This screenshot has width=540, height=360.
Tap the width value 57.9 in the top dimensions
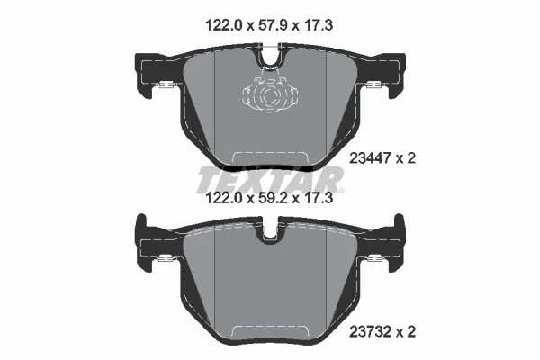[x=269, y=28]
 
